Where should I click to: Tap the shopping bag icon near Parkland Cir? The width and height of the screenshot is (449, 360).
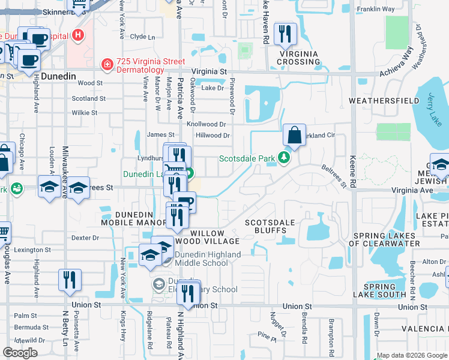coord(294,136)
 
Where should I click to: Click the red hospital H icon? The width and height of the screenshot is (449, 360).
coord(77,35)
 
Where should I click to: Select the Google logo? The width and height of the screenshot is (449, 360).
coord(20,353)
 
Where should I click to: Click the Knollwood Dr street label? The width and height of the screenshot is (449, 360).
coord(206,124)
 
